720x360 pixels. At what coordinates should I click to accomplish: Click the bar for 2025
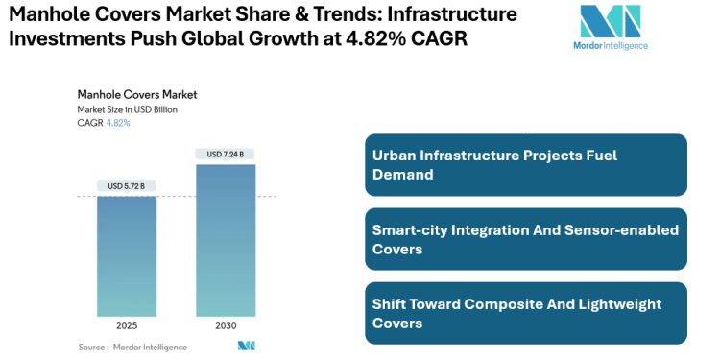click(127, 255)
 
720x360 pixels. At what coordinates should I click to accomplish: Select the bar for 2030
click(227, 240)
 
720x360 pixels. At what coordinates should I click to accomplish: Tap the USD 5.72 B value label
click(127, 185)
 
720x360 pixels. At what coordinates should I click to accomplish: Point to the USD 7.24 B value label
click(227, 154)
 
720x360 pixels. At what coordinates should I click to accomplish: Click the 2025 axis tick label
click(127, 325)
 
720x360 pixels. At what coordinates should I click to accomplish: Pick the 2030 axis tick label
click(227, 325)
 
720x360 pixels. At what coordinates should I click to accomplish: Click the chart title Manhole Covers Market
click(136, 95)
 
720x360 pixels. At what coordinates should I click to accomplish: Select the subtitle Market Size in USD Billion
click(128, 109)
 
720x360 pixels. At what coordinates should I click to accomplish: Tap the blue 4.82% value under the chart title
click(118, 123)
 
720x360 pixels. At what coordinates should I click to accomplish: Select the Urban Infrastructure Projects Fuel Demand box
click(526, 165)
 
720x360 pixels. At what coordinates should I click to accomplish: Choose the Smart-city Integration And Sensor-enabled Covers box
click(526, 239)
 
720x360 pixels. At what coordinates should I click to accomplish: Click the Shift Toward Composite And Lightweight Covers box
click(526, 313)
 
